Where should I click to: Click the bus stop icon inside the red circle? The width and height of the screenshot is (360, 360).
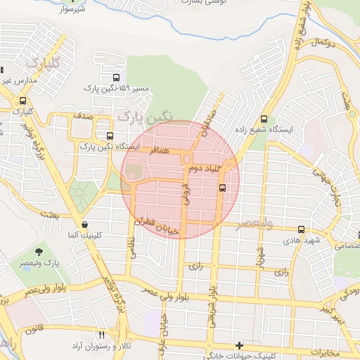click(x=223, y=188)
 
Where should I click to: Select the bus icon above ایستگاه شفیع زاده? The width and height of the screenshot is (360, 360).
click(x=264, y=119)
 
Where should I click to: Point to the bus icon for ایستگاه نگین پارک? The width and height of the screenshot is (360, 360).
click(x=109, y=136)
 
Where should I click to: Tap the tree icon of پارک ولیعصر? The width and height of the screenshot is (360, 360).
click(x=38, y=251)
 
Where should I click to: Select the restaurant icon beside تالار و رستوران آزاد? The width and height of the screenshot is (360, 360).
click(x=101, y=335)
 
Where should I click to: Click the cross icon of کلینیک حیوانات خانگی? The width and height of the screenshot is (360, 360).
click(x=240, y=345)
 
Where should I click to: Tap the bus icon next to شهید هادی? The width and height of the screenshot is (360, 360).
click(x=302, y=229)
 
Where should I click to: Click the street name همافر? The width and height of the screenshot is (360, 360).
click(x=159, y=150)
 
